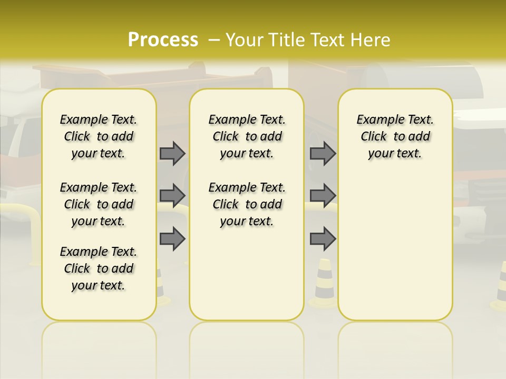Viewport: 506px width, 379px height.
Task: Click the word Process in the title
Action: click(163, 39)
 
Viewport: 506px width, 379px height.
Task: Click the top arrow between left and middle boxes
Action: click(172, 153)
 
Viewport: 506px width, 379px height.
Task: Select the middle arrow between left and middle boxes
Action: click(172, 196)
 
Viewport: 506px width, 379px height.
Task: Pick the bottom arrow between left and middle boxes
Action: click(172, 239)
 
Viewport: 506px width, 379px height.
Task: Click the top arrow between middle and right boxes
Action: click(323, 153)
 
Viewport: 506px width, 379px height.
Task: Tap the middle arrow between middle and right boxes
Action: click(323, 196)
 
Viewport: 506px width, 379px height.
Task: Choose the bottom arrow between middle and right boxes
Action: click(323, 239)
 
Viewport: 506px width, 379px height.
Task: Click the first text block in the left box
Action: click(99, 136)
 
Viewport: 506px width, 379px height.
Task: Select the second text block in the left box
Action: click(99, 204)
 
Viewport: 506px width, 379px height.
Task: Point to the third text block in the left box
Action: click(99, 268)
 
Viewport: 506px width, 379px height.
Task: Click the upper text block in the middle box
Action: click(247, 136)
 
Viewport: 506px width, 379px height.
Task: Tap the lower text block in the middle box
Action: click(247, 204)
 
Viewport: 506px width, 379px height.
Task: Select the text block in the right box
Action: click(395, 136)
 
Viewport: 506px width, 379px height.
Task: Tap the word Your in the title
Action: click(244, 39)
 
